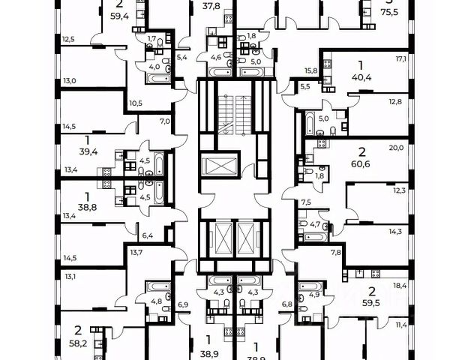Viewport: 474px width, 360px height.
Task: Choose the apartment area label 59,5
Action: pos(367,305)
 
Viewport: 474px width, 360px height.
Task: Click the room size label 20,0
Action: pos(397,148)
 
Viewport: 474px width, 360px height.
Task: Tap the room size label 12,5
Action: pos(68,39)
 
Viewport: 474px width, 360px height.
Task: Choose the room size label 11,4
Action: pos(402,325)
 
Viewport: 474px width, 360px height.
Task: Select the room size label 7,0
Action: pos(165,121)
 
